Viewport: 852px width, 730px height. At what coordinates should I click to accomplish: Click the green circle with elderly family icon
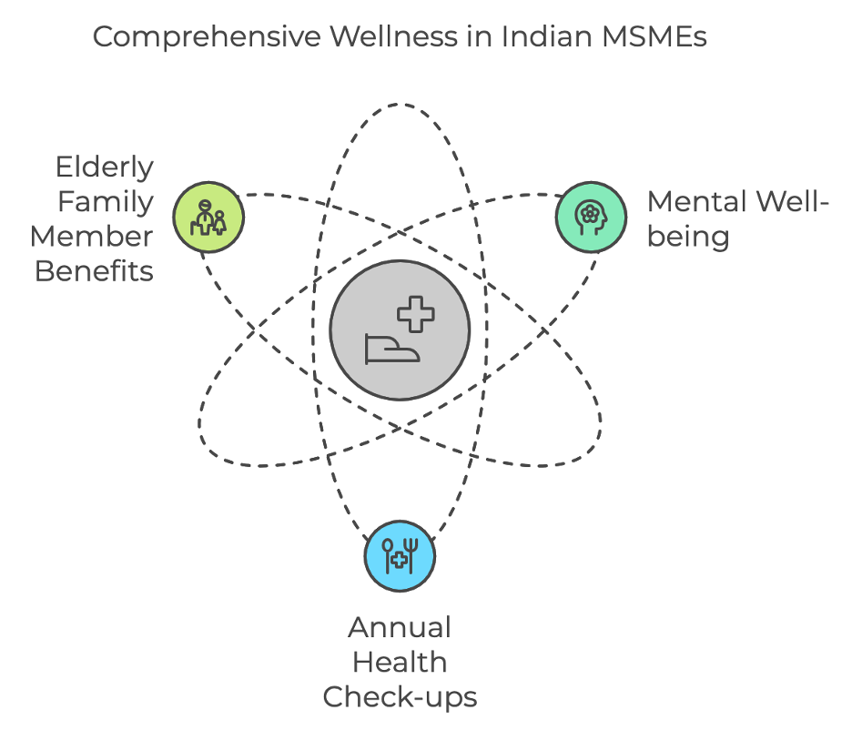[x=209, y=217]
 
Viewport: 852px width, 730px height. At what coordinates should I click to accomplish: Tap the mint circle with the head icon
[x=592, y=217]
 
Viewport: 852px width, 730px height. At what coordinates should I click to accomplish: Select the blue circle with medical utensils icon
[x=400, y=556]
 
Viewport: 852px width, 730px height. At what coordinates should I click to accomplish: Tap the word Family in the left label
[x=106, y=202]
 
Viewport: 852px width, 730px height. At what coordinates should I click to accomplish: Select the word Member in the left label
[x=92, y=237]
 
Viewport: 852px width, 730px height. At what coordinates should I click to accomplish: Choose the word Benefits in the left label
[x=94, y=270]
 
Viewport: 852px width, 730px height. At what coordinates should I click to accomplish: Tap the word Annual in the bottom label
[x=400, y=628]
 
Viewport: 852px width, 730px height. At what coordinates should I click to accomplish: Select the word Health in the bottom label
[x=400, y=662]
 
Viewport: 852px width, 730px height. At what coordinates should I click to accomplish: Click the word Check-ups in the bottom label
[x=400, y=696]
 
